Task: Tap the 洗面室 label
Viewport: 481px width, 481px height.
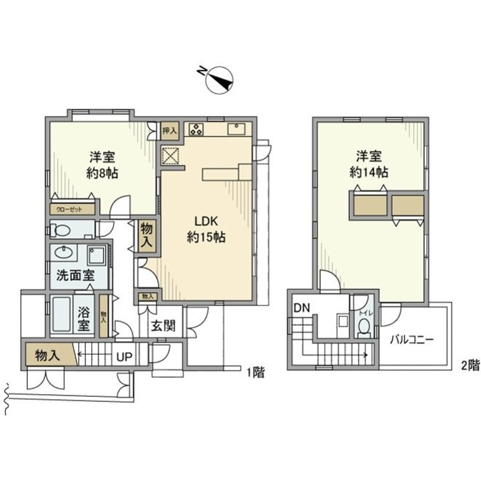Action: point(75,276)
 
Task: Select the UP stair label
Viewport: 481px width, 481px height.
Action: point(125,357)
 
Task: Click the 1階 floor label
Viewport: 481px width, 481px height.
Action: point(255,372)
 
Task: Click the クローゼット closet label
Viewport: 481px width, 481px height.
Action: point(69,209)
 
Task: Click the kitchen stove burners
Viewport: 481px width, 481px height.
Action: point(197,129)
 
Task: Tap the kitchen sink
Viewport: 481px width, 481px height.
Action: point(236,130)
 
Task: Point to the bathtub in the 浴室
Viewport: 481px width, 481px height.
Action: point(61,315)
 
